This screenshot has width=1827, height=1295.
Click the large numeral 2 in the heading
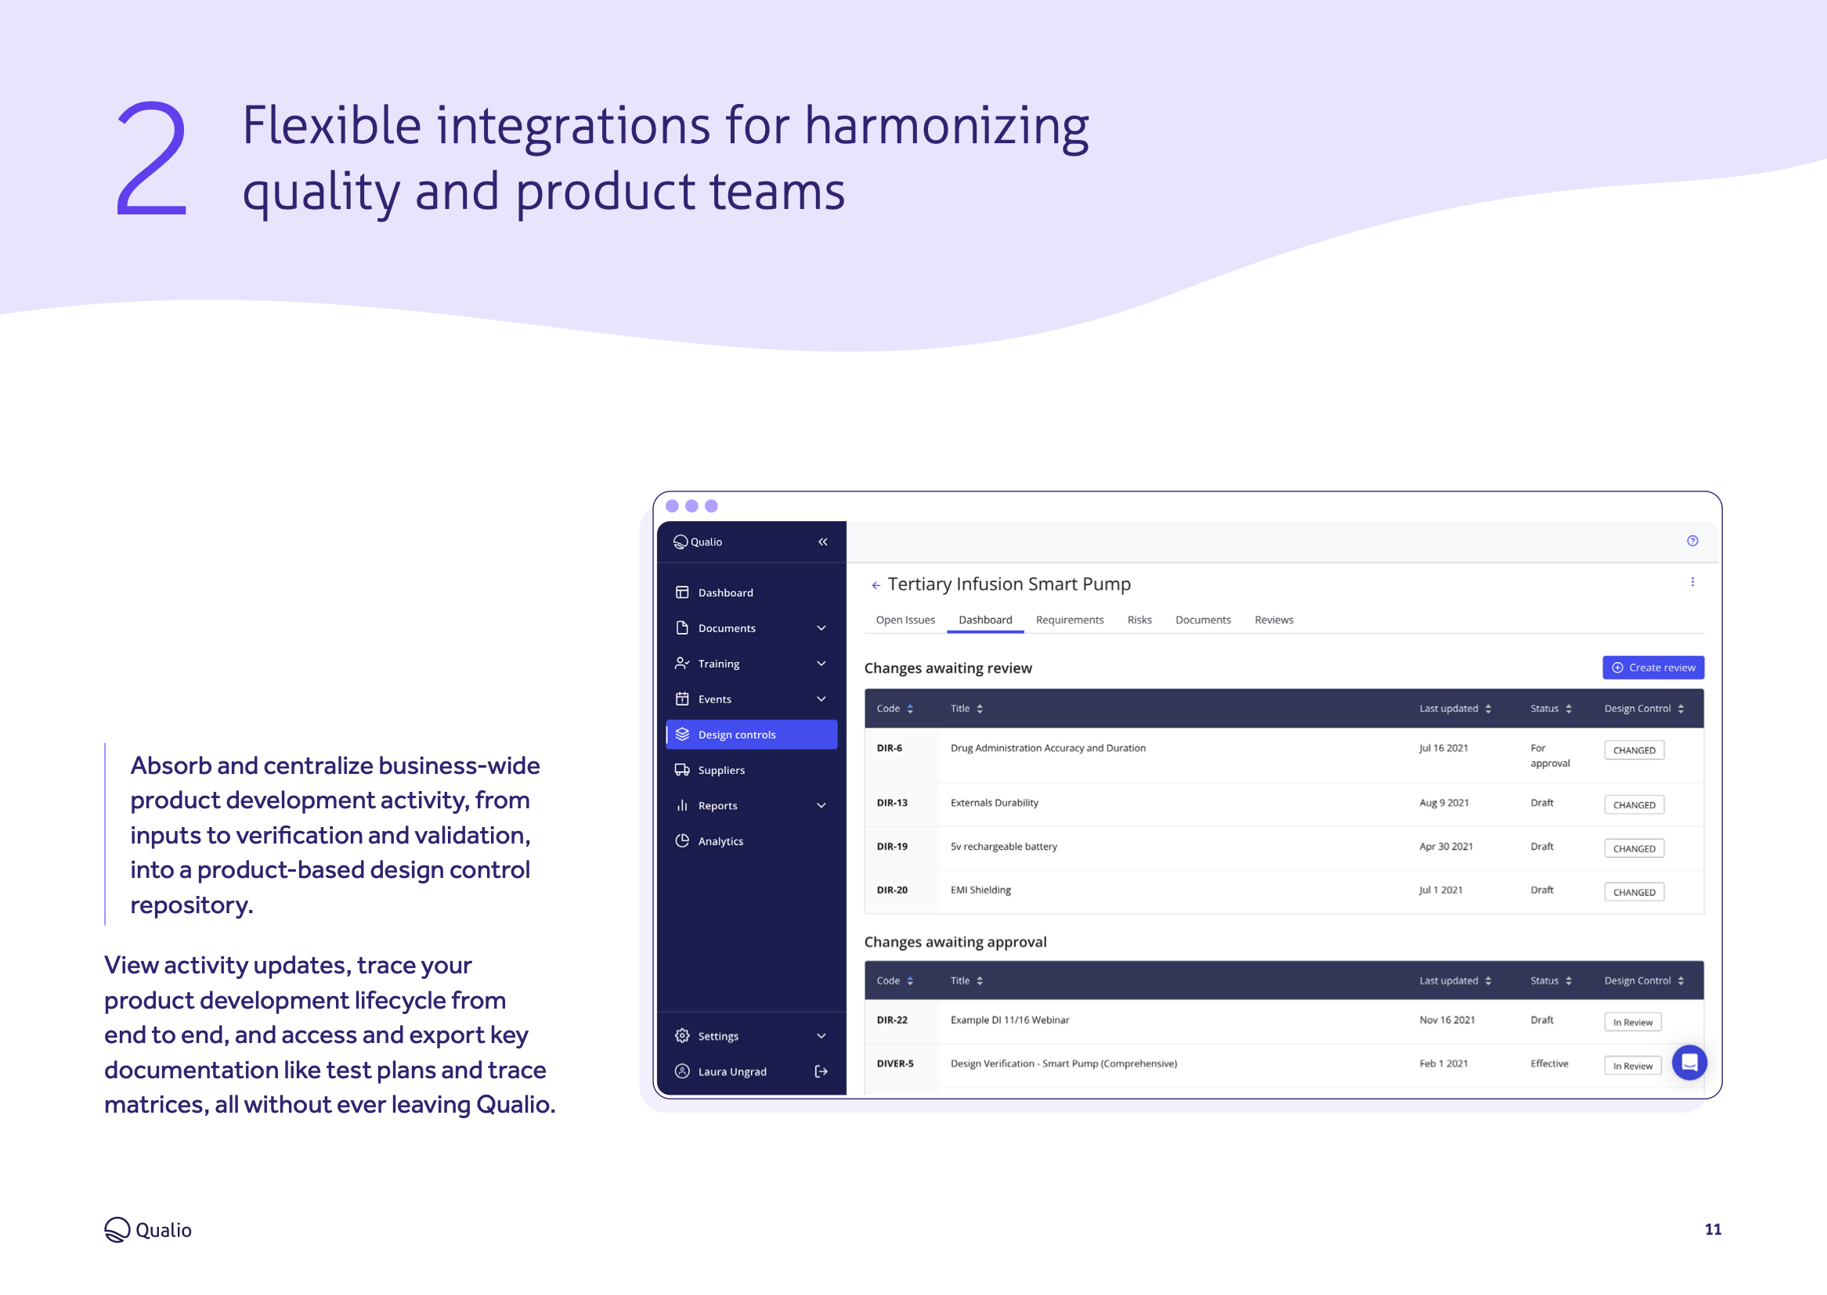(x=152, y=159)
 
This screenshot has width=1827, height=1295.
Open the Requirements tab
(x=1069, y=620)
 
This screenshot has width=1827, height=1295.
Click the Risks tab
(x=1139, y=620)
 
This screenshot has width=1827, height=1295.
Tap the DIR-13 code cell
(x=892, y=803)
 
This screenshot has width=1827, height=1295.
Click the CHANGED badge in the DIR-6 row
(x=1633, y=750)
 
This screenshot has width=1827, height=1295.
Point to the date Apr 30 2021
(x=1445, y=847)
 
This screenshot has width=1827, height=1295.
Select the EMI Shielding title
(x=980, y=890)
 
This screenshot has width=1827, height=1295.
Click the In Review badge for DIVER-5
(x=1631, y=1066)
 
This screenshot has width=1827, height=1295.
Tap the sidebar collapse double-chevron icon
(x=822, y=542)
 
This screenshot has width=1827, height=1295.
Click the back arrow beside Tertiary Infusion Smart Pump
(x=876, y=585)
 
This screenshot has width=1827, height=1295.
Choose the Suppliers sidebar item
(x=720, y=770)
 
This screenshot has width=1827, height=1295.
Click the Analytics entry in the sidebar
(x=720, y=841)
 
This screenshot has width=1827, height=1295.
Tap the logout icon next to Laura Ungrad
(x=821, y=1072)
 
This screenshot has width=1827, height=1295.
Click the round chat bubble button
(x=1688, y=1062)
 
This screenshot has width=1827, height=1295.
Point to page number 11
(x=1712, y=1229)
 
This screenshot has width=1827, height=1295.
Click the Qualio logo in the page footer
(x=148, y=1229)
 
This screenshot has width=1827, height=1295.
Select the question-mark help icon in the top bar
(x=1692, y=541)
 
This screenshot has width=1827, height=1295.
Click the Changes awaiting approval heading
(x=955, y=942)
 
